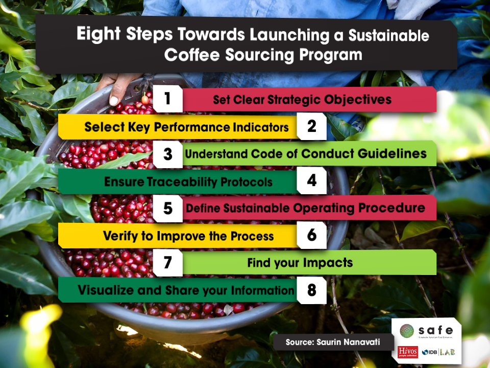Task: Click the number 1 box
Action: pyautogui.click(x=168, y=99)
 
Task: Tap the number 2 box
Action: pyautogui.click(x=311, y=126)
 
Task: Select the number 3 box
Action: pyautogui.click(x=168, y=154)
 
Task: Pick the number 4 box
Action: pyautogui.click(x=311, y=181)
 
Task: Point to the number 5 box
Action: pyautogui.click(x=168, y=208)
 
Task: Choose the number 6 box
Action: pyautogui.click(x=311, y=235)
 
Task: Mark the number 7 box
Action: pyautogui.click(x=168, y=263)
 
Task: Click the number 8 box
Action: pyautogui.click(x=311, y=290)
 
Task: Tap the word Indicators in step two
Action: pyautogui.click(x=259, y=127)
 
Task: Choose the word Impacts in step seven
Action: pyautogui.click(x=328, y=263)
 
